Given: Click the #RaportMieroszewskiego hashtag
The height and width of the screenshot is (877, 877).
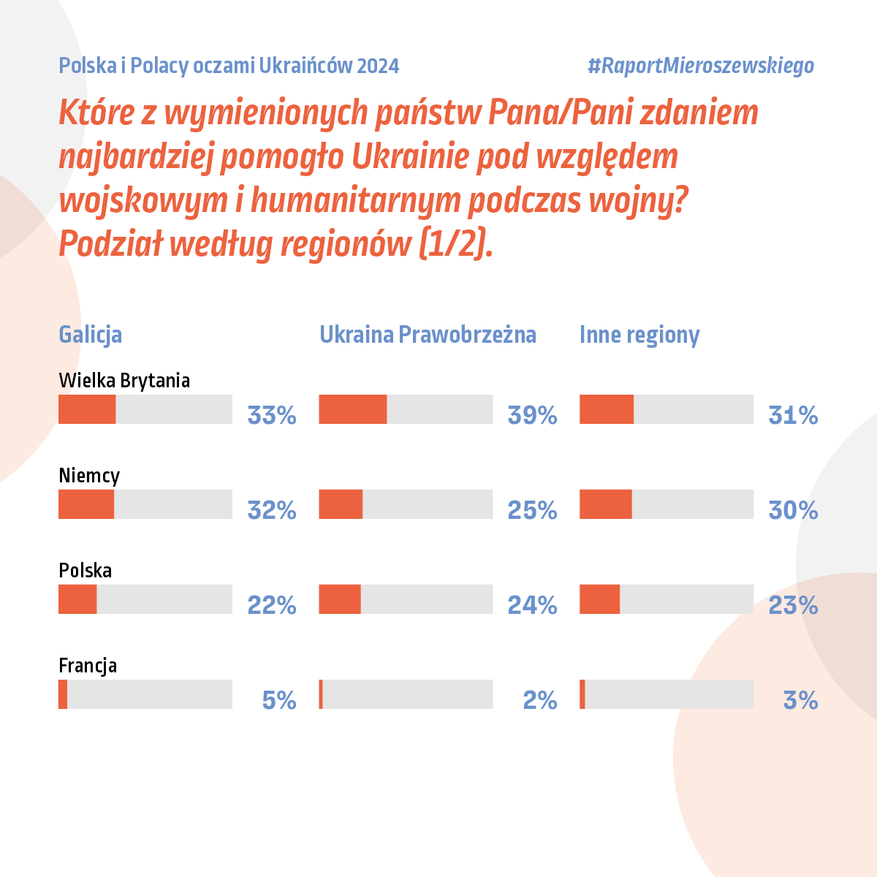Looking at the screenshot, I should click(x=700, y=66).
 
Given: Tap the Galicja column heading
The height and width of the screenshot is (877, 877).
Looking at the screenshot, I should click(x=90, y=335).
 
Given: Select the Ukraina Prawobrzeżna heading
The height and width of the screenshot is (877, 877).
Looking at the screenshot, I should click(x=428, y=335).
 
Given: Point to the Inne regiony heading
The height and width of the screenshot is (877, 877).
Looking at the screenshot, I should click(x=639, y=335).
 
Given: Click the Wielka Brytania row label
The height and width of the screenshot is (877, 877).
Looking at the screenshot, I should click(x=124, y=380).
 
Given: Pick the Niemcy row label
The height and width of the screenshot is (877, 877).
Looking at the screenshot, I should click(x=89, y=476).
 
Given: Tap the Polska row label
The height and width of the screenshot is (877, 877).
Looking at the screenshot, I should click(x=85, y=570).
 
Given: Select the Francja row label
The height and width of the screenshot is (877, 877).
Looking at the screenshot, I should click(x=88, y=666).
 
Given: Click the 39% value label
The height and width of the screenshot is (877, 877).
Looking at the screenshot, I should click(x=532, y=415).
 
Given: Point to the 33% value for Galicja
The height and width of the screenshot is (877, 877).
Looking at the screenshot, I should click(x=272, y=415).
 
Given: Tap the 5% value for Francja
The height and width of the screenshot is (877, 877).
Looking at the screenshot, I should click(x=279, y=700).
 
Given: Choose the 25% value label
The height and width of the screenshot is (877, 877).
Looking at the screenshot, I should click(x=532, y=510).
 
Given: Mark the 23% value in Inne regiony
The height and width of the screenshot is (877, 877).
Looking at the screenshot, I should click(x=793, y=605).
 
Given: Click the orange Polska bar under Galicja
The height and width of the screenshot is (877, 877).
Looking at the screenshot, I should click(x=77, y=599).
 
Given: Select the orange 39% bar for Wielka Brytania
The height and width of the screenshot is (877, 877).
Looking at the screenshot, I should click(x=353, y=409).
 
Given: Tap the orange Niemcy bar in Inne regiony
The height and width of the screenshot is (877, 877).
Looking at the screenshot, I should click(x=606, y=504).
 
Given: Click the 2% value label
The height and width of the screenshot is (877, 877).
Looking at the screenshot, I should click(x=540, y=700).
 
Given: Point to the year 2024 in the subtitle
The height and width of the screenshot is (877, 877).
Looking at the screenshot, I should click(x=379, y=66).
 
